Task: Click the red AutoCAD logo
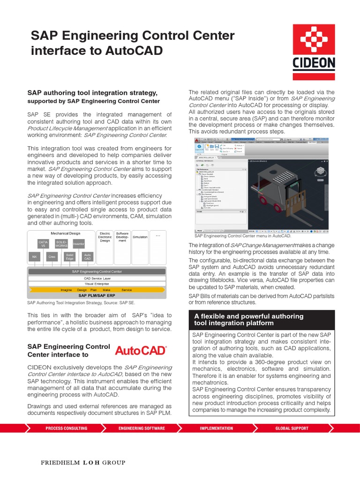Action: pyautogui.click(x=141, y=351)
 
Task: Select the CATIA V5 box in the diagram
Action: pyautogui.click(x=43, y=244)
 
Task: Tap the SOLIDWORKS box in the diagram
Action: pyautogui.click(x=61, y=244)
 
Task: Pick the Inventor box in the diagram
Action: pyautogui.click(x=78, y=244)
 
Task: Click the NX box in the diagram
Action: pyautogui.click(x=34, y=257)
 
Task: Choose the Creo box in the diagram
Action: pyautogui.click(x=52, y=257)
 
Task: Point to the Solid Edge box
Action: pyautogui.click(x=70, y=257)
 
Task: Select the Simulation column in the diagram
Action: pyautogui.click(x=140, y=237)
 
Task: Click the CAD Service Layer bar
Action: pyautogui.click(x=97, y=277)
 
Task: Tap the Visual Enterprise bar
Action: pyautogui.click(x=97, y=284)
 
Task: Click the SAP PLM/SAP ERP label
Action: pyautogui.click(x=97, y=296)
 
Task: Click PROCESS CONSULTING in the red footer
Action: pyautogui.click(x=66, y=428)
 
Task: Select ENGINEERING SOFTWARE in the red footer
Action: pyautogui.click(x=142, y=428)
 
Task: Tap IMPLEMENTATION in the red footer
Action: pyautogui.click(x=216, y=428)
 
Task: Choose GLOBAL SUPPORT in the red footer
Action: pyautogui.click(x=292, y=428)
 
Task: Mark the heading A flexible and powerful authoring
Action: pyautogui.click(x=248, y=316)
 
